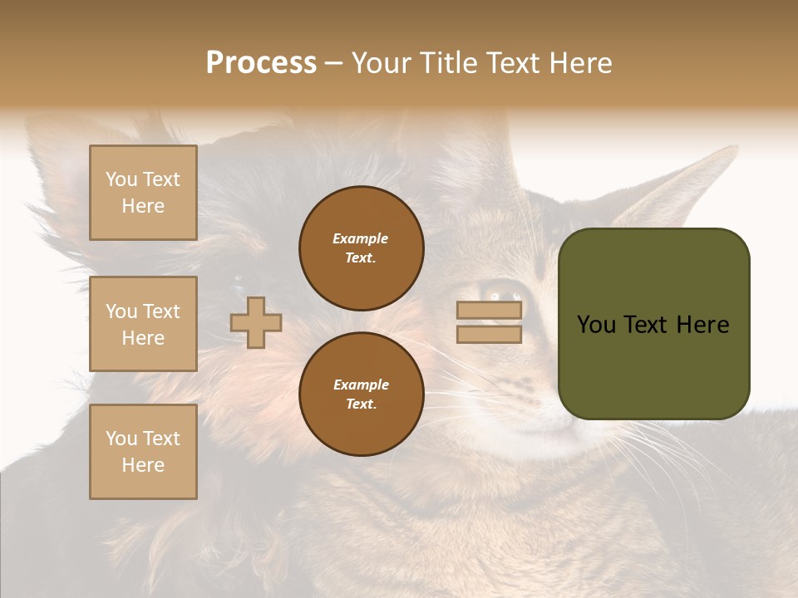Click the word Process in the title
[261, 63]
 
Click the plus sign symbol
[256, 322]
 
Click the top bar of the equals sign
[489, 310]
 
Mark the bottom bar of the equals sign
[489, 335]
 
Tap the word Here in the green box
[702, 325]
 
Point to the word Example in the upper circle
[361, 238]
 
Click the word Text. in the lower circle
[361, 404]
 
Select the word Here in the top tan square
[143, 206]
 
